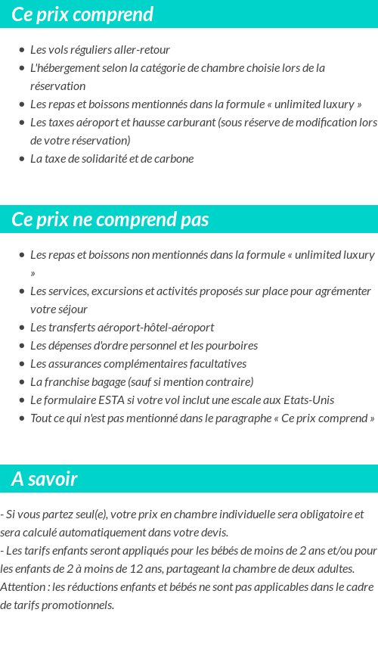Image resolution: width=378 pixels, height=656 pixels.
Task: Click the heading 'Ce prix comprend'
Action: pos(82,14)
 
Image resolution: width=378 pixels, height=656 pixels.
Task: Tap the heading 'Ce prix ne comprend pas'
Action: pos(110,219)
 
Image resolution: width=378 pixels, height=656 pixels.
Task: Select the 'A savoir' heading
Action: pos(45,479)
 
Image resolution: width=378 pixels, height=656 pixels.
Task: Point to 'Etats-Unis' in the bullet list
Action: pos(308,400)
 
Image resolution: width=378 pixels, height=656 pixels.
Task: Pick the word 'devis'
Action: pos(213,533)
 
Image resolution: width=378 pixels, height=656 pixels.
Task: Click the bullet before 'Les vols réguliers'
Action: pos(22,50)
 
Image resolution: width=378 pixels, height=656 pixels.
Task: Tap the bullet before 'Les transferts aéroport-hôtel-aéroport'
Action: pos(22,328)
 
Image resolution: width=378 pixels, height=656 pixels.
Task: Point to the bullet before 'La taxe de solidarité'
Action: pos(22,159)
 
